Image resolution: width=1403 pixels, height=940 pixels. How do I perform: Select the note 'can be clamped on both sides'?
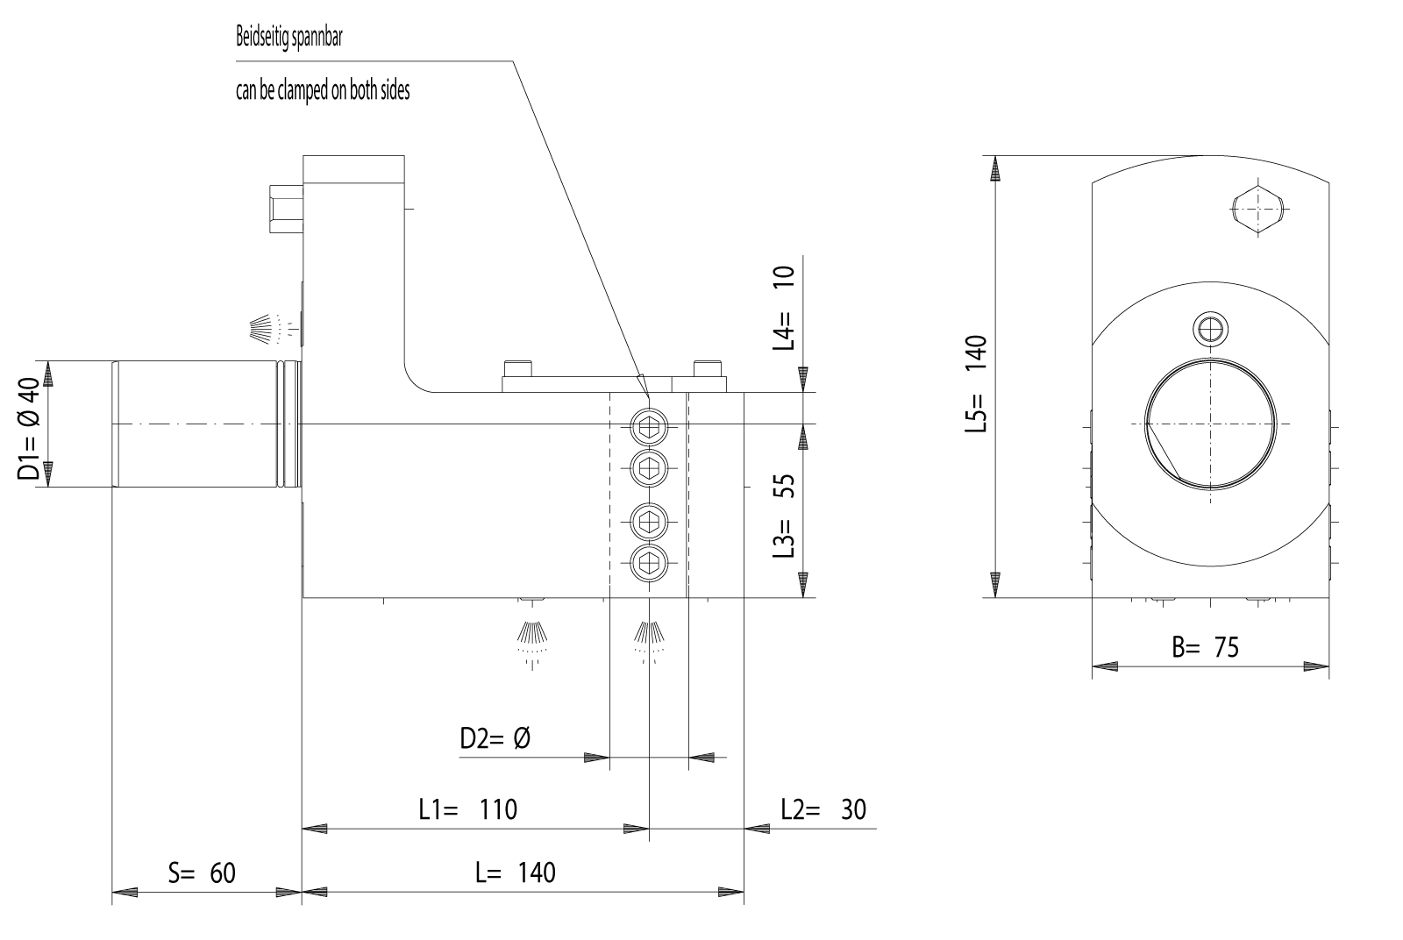322,90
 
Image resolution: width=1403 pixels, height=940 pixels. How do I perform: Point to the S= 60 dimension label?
203,872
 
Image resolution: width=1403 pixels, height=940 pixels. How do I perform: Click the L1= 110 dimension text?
467,808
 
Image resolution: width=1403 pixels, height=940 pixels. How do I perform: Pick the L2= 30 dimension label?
823,808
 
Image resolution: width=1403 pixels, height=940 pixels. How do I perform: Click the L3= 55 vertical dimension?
783,517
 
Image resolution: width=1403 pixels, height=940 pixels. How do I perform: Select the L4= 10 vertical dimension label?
783,308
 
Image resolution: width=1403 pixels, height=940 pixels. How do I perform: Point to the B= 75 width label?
1206,648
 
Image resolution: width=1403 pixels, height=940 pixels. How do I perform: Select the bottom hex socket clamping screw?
649,561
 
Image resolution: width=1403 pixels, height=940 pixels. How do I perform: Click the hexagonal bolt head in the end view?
1258,209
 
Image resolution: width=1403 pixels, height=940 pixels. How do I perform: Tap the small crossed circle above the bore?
1211,330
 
